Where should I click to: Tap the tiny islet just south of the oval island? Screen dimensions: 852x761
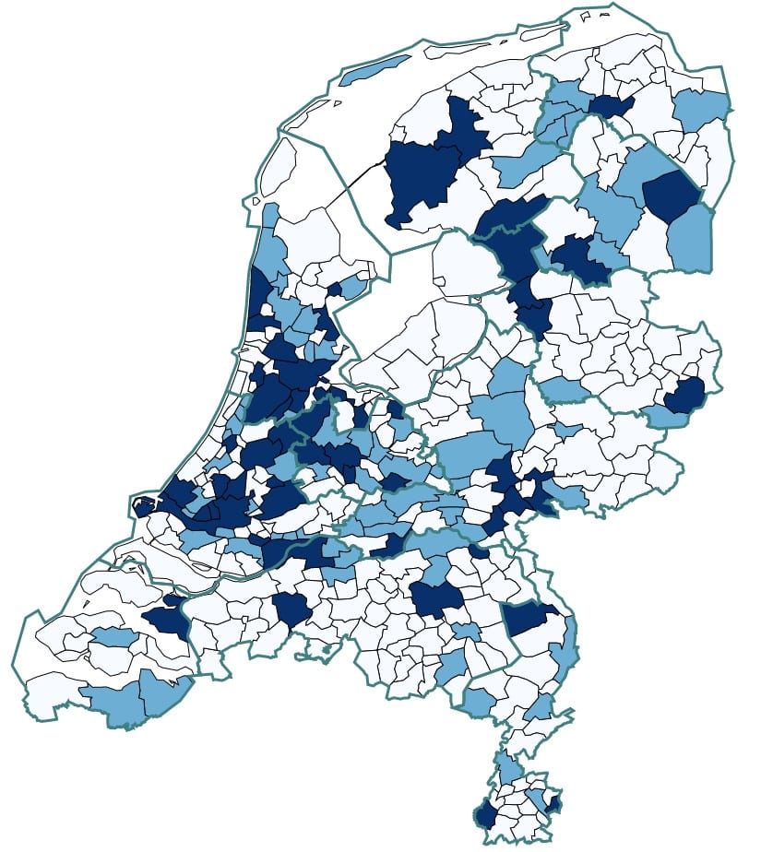[x=252, y=202]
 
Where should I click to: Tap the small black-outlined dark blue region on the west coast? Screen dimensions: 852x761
[x=144, y=505]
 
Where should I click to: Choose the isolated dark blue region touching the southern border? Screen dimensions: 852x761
[x=292, y=609]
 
